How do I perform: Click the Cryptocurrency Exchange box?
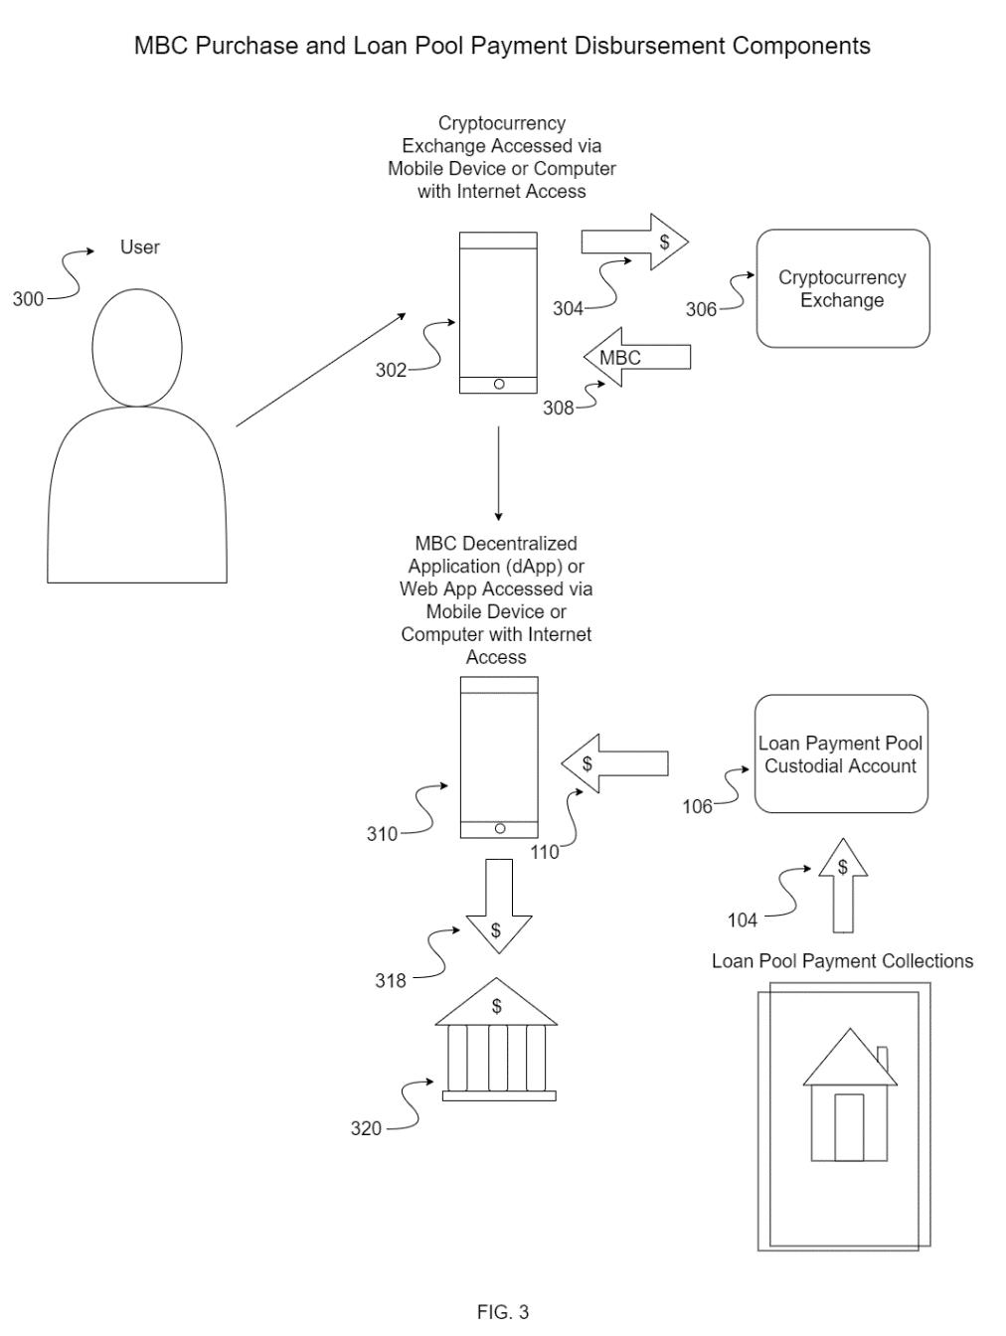click(842, 288)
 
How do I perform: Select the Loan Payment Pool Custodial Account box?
click(841, 752)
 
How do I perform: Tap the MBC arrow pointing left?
click(636, 357)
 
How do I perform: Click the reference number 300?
click(28, 299)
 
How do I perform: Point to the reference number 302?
click(391, 370)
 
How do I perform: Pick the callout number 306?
click(701, 309)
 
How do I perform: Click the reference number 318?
click(390, 980)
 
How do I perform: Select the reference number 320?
click(366, 1128)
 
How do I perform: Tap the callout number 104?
click(742, 919)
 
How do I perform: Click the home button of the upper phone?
click(499, 384)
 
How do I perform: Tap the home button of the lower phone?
click(500, 828)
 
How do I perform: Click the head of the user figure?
click(137, 347)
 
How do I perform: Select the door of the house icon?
click(849, 1126)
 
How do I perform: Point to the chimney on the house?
click(883, 1059)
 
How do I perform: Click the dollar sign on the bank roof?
click(497, 1006)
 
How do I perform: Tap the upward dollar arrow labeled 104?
click(843, 885)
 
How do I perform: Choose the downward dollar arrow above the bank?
click(499, 906)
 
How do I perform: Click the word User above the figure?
click(140, 247)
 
